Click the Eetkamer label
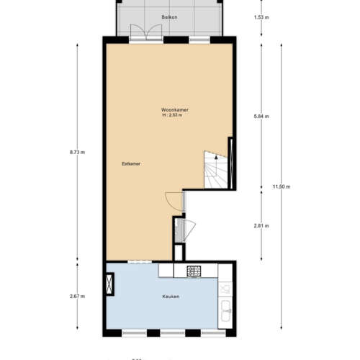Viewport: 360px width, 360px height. (x=130, y=164)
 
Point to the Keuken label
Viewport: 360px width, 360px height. (x=170, y=296)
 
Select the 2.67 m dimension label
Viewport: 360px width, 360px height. (x=78, y=296)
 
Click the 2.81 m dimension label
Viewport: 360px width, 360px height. (x=262, y=225)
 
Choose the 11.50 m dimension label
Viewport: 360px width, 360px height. (x=282, y=187)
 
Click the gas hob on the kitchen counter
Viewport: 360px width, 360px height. (x=194, y=271)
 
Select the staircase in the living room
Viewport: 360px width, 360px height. (x=215, y=171)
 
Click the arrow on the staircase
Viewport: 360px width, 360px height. (x=216, y=156)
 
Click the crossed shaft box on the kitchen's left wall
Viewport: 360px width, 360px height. (x=109, y=284)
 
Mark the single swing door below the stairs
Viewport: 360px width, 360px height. (x=171, y=199)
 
